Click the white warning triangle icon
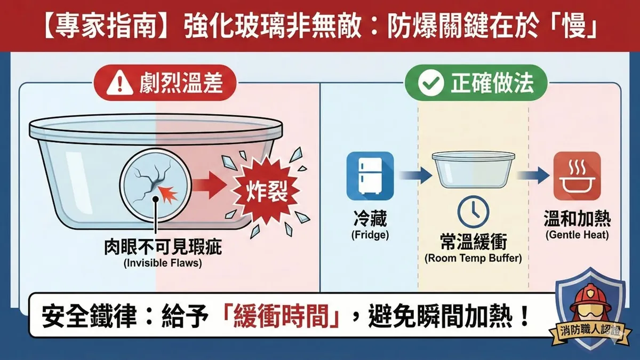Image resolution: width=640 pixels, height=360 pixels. click(x=119, y=84)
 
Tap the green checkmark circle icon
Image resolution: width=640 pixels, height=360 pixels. click(x=431, y=83)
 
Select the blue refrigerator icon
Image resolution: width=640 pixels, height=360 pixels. click(x=370, y=176)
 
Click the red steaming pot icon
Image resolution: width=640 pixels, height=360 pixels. click(x=577, y=176)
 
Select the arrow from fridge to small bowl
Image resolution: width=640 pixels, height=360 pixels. click(x=415, y=175)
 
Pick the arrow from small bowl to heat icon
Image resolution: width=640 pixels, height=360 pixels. click(x=533, y=175)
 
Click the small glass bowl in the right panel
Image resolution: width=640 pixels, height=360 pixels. click(x=474, y=170)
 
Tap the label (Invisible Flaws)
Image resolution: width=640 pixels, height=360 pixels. click(x=163, y=263)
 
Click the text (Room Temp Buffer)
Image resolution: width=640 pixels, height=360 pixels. click(x=473, y=258)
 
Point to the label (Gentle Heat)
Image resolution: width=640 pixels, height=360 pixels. click(x=577, y=235)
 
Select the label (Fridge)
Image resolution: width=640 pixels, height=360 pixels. click(x=370, y=235)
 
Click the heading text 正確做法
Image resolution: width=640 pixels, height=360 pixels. click(x=492, y=83)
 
